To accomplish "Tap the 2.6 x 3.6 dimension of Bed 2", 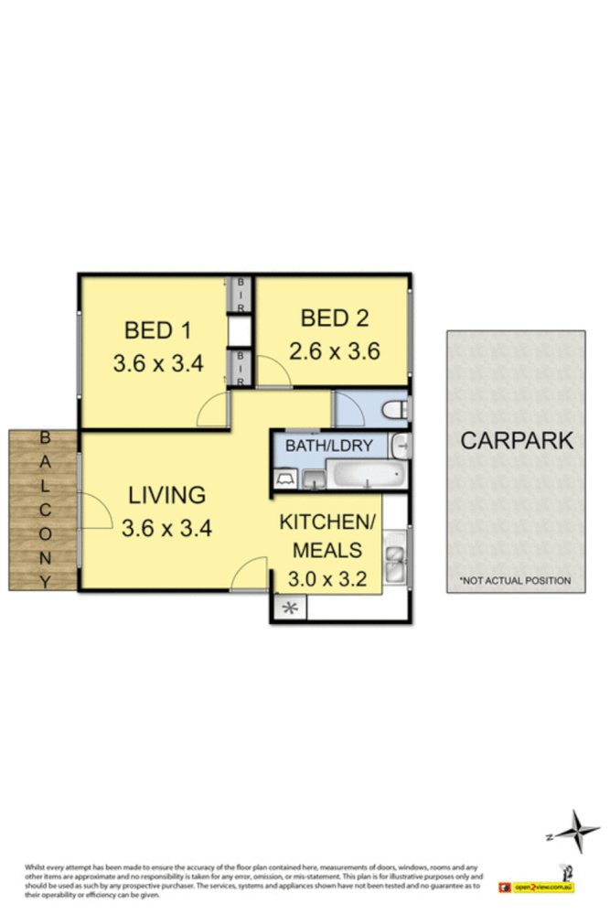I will (x=334, y=350).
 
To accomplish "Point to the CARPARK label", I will (x=517, y=440).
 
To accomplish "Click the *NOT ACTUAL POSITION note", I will (x=516, y=580).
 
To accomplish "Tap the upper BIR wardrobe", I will (x=241, y=295).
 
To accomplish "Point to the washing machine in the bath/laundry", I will (x=284, y=478).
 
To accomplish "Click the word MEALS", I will (x=326, y=550).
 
